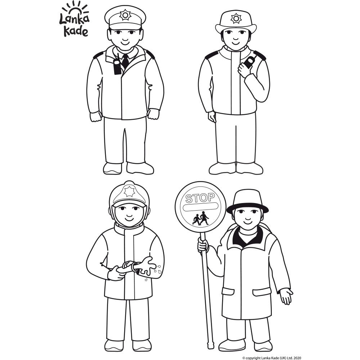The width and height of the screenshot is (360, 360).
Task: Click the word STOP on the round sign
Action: (x=200, y=197)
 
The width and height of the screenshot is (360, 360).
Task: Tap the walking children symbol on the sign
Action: (x=201, y=219)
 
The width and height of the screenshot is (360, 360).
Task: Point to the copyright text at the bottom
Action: (x=271, y=358)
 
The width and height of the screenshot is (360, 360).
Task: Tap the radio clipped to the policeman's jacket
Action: (x=117, y=67)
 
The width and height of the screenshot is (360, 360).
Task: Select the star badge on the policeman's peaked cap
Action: (x=125, y=15)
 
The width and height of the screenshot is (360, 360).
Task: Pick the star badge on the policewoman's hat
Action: (x=236, y=18)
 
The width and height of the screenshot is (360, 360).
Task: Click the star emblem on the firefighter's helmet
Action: (x=129, y=191)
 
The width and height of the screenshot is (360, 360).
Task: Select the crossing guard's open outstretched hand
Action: (x=286, y=296)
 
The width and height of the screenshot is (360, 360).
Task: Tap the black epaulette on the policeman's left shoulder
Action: (x=150, y=54)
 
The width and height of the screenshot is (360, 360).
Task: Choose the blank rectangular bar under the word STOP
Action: (x=200, y=208)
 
